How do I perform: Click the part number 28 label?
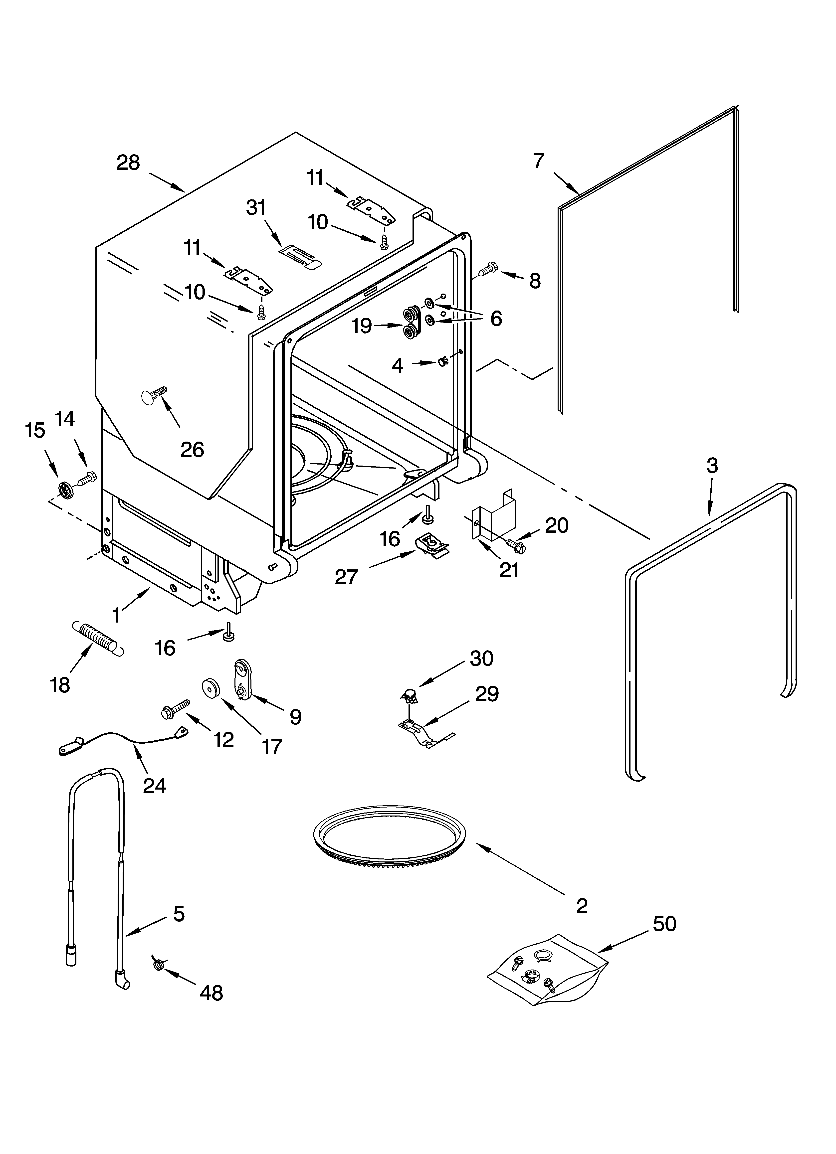click(128, 163)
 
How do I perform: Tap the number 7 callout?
click(539, 161)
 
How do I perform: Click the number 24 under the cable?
click(154, 786)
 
